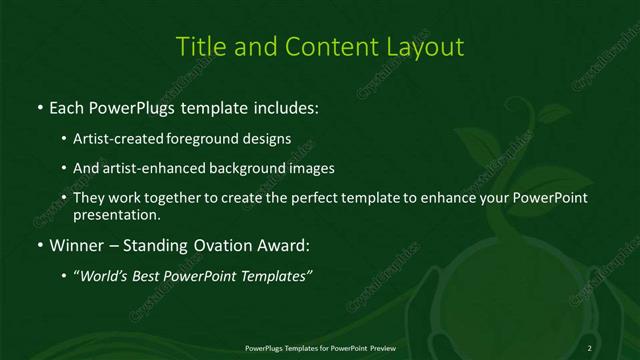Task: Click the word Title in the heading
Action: (x=198, y=47)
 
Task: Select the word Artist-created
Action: (x=121, y=139)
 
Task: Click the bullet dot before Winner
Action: (x=39, y=245)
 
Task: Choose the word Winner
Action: (x=75, y=245)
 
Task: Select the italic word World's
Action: (x=103, y=276)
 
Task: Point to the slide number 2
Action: (x=590, y=347)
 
